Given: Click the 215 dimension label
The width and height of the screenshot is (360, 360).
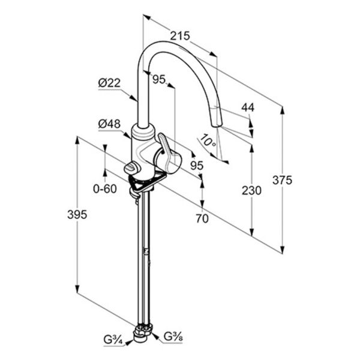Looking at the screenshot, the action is click(x=180, y=36).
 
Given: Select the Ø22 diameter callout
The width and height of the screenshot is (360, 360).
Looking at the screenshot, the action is click(x=109, y=83).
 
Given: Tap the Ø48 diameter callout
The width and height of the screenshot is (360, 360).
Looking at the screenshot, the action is click(x=109, y=124).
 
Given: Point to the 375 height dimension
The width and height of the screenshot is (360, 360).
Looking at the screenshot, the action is click(x=283, y=180).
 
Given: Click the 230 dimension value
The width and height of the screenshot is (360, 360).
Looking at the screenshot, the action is click(x=251, y=191).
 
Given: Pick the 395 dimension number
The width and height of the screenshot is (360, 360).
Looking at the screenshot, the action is click(x=77, y=215).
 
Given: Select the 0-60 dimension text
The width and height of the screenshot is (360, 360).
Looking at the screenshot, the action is click(x=105, y=189).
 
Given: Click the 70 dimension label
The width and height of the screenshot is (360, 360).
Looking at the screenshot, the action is click(x=202, y=218).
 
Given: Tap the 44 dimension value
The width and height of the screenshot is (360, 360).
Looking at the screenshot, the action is click(x=248, y=107).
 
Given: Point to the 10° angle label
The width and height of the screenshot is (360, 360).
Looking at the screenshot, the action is click(x=208, y=141).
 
